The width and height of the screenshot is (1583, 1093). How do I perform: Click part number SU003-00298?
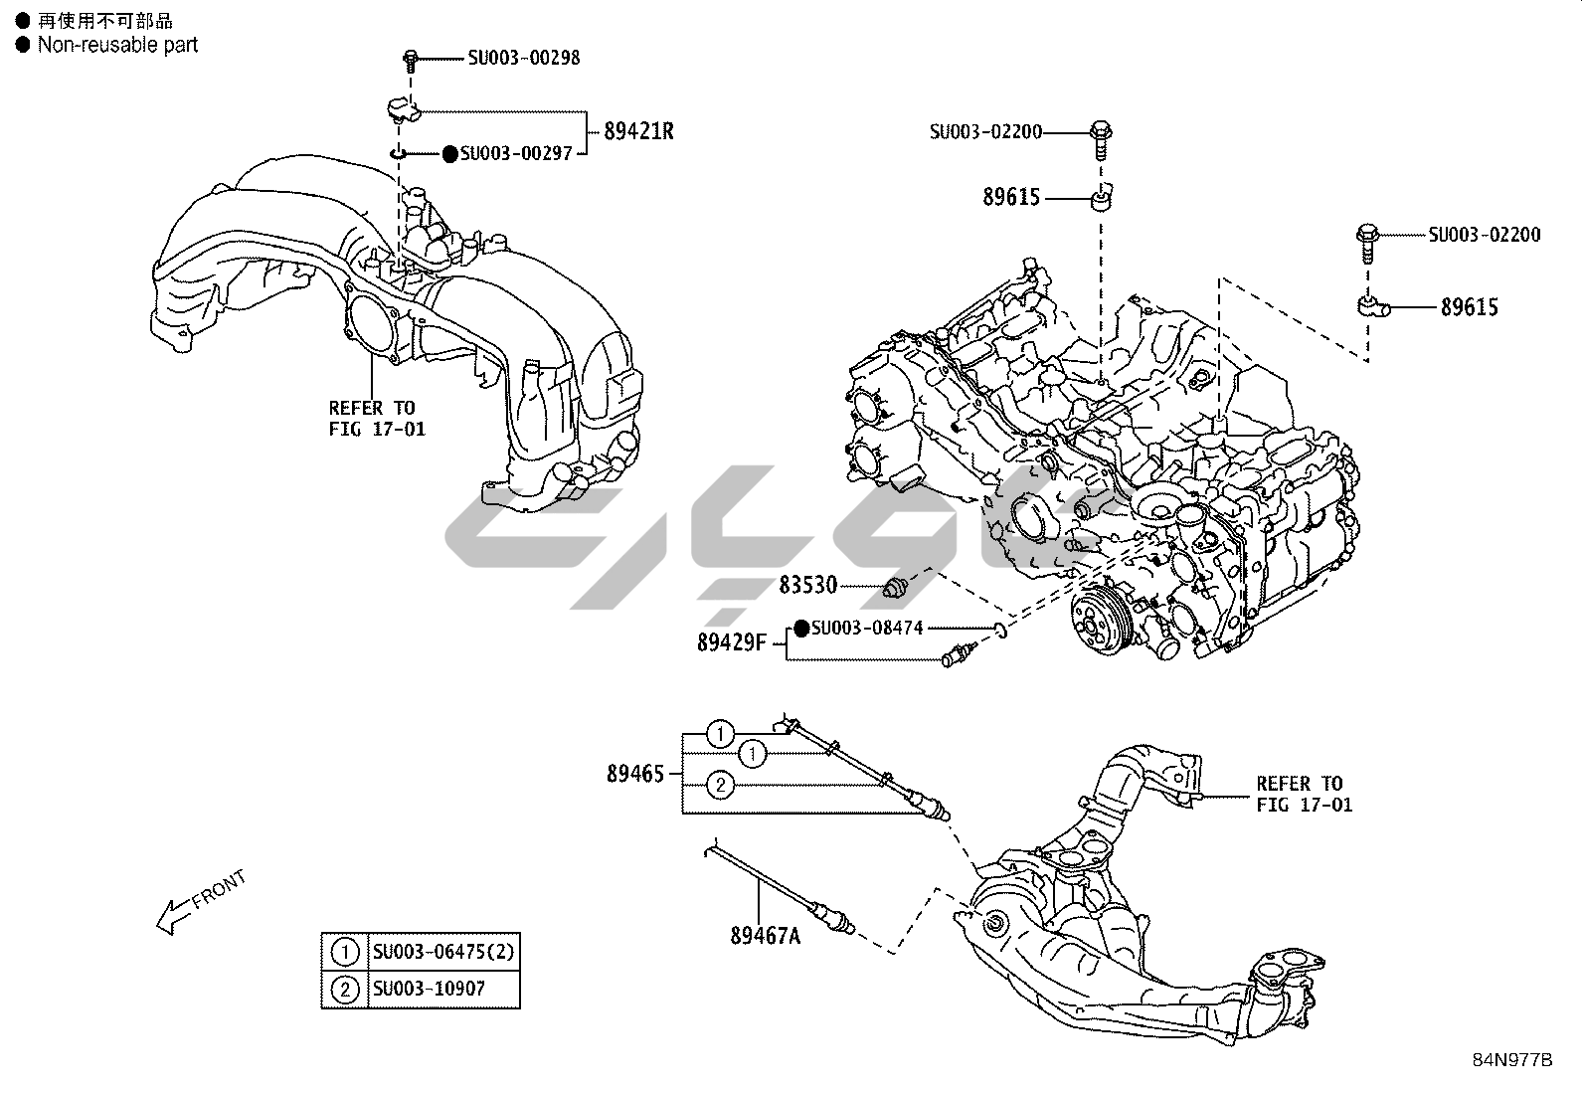(523, 58)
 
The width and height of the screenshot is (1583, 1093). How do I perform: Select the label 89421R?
(637, 131)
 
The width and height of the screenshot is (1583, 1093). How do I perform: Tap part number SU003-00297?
(516, 154)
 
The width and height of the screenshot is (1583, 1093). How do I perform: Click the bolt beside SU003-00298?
(410, 61)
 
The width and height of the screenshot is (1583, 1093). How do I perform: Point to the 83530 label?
(807, 585)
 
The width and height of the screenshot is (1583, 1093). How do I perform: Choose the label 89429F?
(731, 642)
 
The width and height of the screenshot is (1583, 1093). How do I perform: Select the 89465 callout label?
(635, 773)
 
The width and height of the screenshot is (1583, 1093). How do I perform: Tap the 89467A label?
(765, 936)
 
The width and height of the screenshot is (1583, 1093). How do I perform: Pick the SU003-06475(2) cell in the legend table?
(443, 952)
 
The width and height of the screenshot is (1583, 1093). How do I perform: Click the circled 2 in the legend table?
(345, 990)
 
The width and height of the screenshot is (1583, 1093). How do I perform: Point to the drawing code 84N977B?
(1511, 1059)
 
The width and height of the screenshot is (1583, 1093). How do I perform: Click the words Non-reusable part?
(117, 45)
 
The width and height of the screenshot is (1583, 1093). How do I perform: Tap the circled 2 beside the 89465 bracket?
(721, 786)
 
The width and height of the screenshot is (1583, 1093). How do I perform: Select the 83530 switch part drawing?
(896, 589)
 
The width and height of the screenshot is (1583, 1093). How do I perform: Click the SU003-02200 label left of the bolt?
(985, 131)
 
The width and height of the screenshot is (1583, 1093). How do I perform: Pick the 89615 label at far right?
(1469, 307)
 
